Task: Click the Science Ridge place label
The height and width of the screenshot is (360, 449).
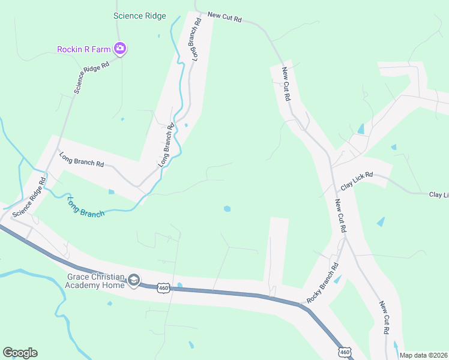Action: click(x=140, y=16)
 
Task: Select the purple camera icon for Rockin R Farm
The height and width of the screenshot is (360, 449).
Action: click(x=120, y=49)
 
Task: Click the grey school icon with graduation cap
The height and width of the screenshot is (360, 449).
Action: click(x=133, y=280)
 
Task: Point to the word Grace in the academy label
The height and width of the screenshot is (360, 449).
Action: click(x=79, y=277)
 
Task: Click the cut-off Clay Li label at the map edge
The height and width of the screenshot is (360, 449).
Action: click(x=438, y=195)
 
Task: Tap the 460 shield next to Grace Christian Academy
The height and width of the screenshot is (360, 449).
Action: click(x=163, y=289)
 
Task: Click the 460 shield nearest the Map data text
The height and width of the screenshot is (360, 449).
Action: click(x=344, y=350)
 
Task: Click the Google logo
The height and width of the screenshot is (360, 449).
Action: click(x=20, y=353)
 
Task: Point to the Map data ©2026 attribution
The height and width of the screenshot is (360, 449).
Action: click(x=423, y=355)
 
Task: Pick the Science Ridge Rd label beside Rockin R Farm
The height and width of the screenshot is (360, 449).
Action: click(x=91, y=77)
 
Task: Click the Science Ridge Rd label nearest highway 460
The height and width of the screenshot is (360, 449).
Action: click(x=28, y=197)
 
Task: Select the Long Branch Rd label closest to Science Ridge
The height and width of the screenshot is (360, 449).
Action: click(x=196, y=39)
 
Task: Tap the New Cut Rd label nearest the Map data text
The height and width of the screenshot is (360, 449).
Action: click(x=385, y=317)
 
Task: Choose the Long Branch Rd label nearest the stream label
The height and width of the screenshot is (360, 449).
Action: click(x=82, y=160)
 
